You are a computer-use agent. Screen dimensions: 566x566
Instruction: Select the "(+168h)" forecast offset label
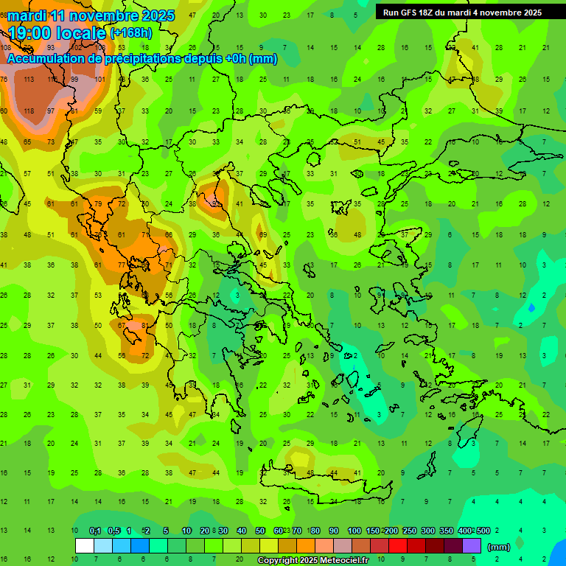(x=132, y=33)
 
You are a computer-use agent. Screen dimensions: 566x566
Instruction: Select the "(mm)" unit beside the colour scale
(x=498, y=548)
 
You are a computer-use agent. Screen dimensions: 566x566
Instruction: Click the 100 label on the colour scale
(x=354, y=531)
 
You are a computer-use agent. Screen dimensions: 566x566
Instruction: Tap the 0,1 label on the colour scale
(x=95, y=531)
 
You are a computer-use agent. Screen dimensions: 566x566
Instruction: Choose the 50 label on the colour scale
(x=260, y=531)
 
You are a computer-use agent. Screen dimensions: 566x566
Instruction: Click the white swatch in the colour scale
(x=85, y=546)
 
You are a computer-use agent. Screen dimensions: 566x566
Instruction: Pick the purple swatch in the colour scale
(x=472, y=546)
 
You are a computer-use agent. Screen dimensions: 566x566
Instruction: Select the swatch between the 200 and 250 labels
(x=398, y=546)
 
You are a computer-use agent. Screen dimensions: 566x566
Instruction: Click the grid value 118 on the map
(x=29, y=111)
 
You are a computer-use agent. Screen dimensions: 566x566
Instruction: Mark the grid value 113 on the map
(x=29, y=79)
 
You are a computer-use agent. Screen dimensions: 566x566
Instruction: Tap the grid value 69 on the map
(x=263, y=234)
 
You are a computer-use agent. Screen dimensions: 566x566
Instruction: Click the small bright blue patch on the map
(x=532, y=307)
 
